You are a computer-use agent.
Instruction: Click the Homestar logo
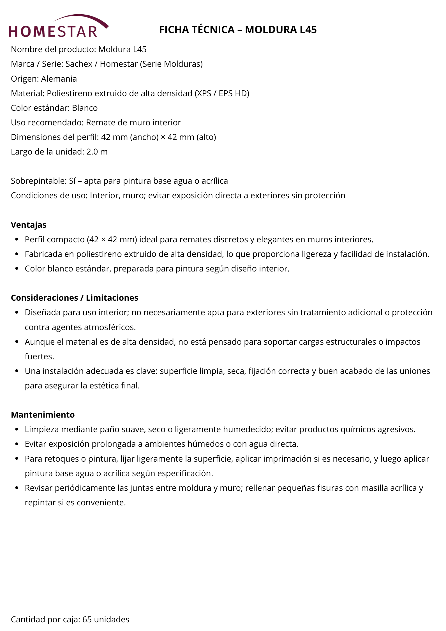58,26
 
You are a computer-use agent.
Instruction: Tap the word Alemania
59,79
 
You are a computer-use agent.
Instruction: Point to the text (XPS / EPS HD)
222,93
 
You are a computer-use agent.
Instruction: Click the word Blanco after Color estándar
85,108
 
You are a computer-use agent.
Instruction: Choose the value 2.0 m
97,152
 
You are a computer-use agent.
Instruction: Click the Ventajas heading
29,225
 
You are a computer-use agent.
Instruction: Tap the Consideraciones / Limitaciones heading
75,298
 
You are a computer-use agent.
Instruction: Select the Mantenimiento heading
43,415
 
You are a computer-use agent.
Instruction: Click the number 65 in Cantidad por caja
87,619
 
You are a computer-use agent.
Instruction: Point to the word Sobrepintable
38,181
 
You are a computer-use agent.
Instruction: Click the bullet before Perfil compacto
17,239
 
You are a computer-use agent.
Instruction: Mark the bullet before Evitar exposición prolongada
17,444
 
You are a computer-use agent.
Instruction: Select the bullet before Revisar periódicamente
17,488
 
